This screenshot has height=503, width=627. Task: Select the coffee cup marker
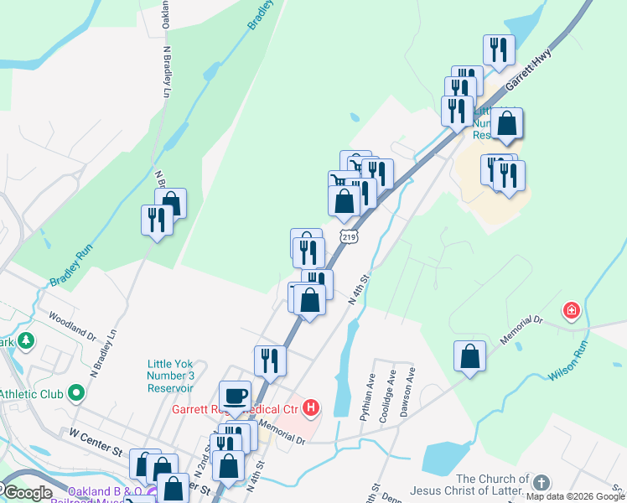235,396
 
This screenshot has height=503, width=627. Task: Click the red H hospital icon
311,409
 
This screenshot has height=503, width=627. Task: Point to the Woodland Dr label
72,325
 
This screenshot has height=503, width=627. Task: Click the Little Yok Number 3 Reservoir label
171,376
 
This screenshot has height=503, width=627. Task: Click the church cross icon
541,483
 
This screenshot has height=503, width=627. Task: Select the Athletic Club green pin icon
77,392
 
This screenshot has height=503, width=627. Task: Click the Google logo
27,493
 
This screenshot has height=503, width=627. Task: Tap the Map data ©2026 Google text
575,495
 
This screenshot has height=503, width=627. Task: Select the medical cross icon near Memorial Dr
572,311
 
